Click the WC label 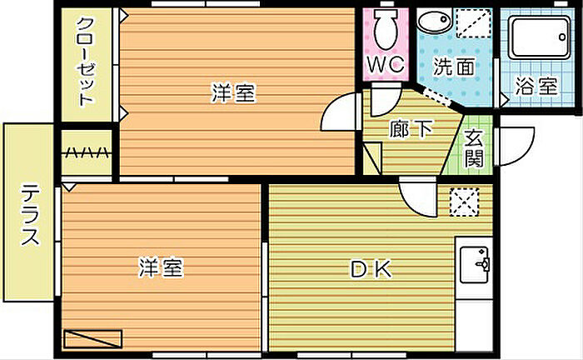(x=386, y=65)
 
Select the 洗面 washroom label (x=454, y=67)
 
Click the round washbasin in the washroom (x=434, y=21)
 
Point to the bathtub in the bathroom (x=539, y=37)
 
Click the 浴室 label (x=536, y=87)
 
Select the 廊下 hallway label (x=411, y=129)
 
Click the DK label (x=371, y=269)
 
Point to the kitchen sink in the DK (x=475, y=265)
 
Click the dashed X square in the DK (x=464, y=202)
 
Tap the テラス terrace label (x=30, y=215)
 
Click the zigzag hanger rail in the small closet (x=87, y=152)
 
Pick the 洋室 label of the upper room (x=233, y=93)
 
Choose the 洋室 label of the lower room (x=161, y=267)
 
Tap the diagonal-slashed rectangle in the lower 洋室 (x=92, y=339)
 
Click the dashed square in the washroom (x=473, y=23)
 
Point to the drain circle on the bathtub (x=562, y=37)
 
